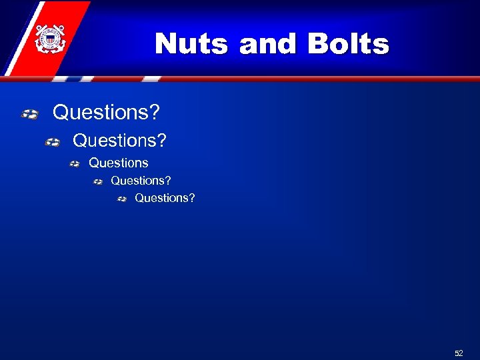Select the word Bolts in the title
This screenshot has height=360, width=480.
pyautogui.click(x=348, y=44)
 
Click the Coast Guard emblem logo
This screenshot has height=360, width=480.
pyautogui.click(x=50, y=38)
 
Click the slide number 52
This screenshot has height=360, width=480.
pyautogui.click(x=459, y=353)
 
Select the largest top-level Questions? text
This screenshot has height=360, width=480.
pyautogui.click(x=106, y=113)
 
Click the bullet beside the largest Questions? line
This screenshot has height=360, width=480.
pyautogui.click(x=29, y=115)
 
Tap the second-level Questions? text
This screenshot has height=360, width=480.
pyautogui.click(x=120, y=141)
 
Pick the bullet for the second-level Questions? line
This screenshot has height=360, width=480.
pyautogui.click(x=53, y=142)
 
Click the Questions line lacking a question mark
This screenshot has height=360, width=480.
pyautogui.click(x=119, y=163)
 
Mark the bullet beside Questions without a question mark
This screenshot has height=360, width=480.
pyautogui.click(x=75, y=164)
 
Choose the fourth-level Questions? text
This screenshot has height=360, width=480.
pyautogui.click(x=141, y=180)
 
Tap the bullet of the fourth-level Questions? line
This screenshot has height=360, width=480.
pyautogui.click(x=98, y=181)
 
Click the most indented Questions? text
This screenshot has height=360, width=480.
pyautogui.click(x=165, y=198)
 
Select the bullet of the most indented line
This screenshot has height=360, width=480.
pyautogui.click(x=122, y=199)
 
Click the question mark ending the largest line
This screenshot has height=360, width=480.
pyautogui.click(x=155, y=113)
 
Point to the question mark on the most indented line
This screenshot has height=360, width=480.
pyautogui.click(x=192, y=198)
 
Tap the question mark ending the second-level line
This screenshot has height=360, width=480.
pyautogui.click(x=163, y=141)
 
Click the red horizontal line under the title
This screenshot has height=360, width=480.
pyautogui.click(x=300, y=79)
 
